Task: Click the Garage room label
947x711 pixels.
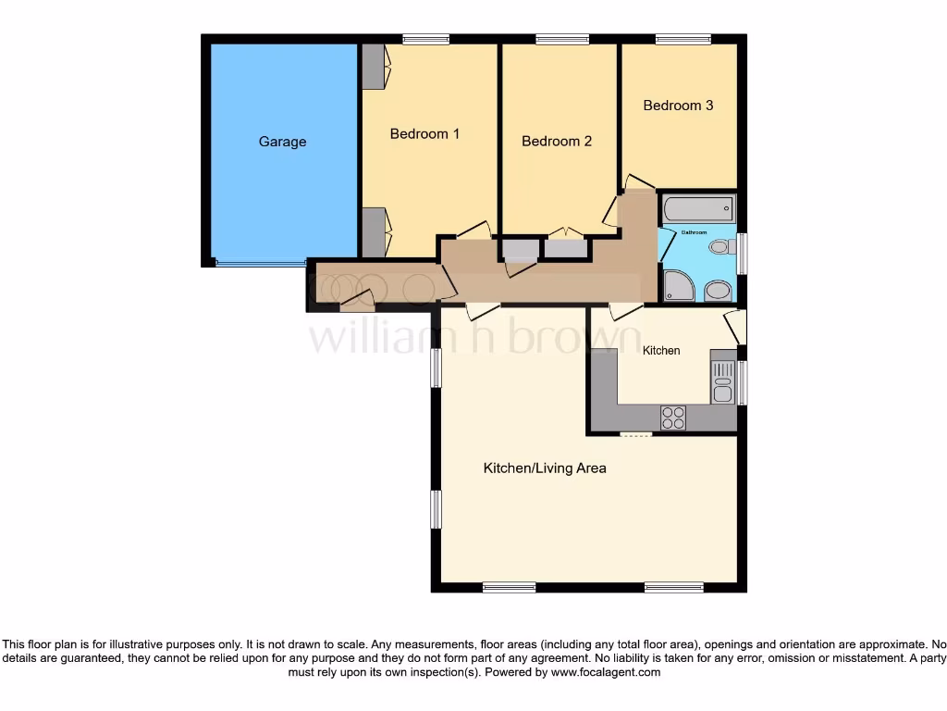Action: pos(282,142)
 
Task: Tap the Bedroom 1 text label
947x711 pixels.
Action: pos(424,134)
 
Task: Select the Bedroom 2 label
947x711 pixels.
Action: pos(556,142)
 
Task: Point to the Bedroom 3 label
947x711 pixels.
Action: pos(678,106)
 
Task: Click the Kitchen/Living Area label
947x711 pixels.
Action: pos(545,468)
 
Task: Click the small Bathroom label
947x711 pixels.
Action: pos(694,231)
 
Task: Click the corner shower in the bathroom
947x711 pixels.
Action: pos(678,286)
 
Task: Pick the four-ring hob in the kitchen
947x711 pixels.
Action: pos(673,418)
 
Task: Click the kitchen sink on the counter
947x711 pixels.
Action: pos(722,382)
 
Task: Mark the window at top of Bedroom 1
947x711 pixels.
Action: pos(425,39)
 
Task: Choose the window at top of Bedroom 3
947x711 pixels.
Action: pos(683,39)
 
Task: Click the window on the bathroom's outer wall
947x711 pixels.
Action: pos(742,254)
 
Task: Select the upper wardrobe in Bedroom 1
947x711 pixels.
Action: pos(374,67)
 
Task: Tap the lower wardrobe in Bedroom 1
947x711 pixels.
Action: pos(374,232)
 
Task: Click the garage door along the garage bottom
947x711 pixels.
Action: pos(260,264)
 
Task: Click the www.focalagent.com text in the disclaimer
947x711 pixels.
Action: pos(606,673)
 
